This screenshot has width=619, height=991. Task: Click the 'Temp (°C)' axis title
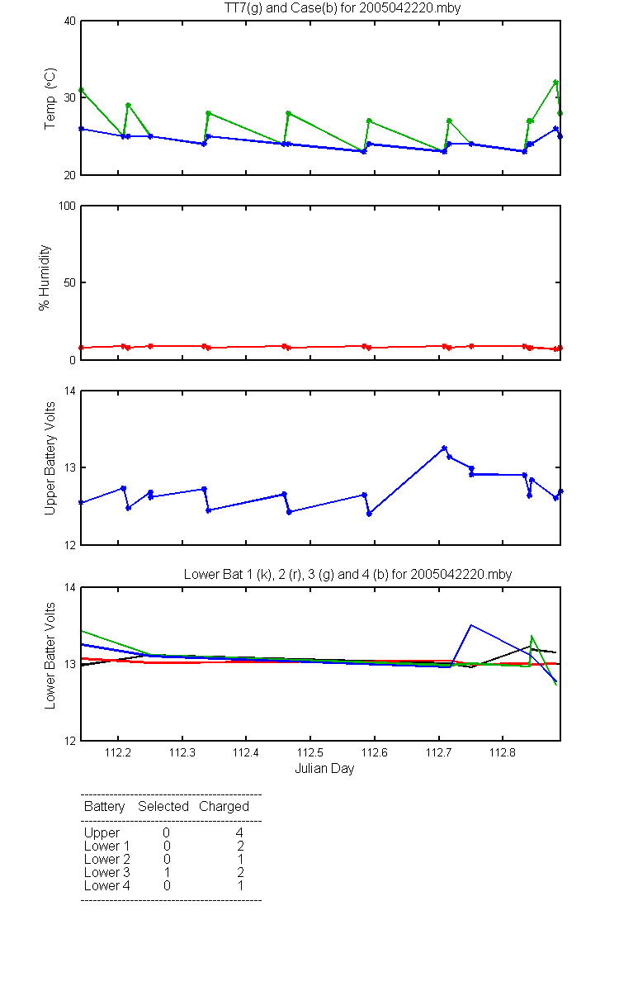tap(50, 98)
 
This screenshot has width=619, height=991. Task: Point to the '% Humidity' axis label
tap(45, 277)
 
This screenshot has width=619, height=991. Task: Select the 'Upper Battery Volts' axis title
tap(50, 458)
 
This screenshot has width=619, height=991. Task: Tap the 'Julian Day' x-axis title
tap(324, 769)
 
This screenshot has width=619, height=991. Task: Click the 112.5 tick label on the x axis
tap(310, 752)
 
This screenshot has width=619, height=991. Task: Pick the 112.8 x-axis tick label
tap(503, 752)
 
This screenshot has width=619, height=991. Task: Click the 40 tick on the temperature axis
tap(70, 21)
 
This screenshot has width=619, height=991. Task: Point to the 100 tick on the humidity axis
tap(67, 206)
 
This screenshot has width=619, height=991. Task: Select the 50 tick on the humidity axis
tap(70, 282)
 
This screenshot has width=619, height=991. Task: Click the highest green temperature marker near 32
tap(555, 83)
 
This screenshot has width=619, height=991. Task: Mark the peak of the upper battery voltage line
tap(444, 448)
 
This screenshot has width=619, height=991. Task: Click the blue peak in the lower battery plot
tap(471, 625)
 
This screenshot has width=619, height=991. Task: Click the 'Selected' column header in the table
tap(163, 807)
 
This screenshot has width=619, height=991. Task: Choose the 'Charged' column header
tap(224, 807)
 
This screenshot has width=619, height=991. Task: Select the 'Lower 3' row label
tap(107, 872)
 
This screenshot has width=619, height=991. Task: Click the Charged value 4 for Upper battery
tap(239, 832)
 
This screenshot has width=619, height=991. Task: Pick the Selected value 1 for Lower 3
tap(167, 872)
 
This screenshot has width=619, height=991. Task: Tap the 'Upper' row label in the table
tap(102, 833)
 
